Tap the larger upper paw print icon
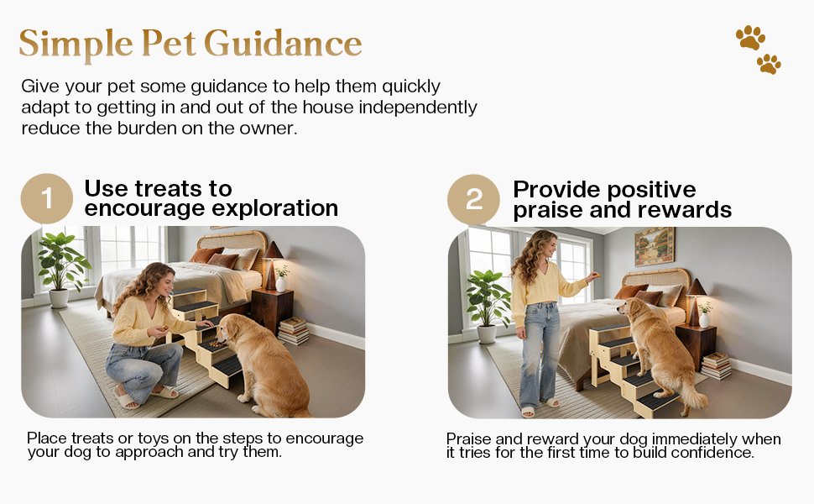click(749, 37)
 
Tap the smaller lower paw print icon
click(769, 64)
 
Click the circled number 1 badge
click(46, 199)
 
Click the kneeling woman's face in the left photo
click(159, 281)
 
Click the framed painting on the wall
click(654, 246)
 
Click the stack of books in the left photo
click(293, 330)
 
